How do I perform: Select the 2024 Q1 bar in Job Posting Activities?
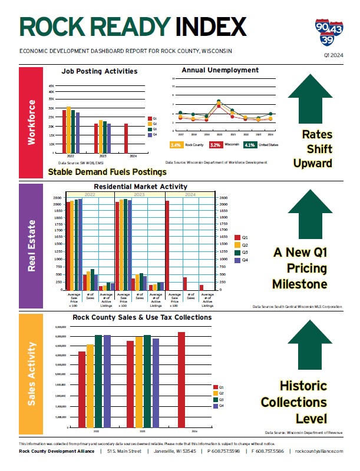[126, 138]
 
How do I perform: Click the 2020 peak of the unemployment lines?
[219, 102]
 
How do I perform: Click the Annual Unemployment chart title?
[220, 70]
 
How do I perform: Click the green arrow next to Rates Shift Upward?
[312, 97]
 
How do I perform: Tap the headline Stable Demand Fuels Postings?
[107, 172]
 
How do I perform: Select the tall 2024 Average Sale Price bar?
[167, 245]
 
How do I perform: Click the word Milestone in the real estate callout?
[299, 284]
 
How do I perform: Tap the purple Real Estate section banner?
[32, 246]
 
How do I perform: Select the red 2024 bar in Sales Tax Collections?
[181, 379]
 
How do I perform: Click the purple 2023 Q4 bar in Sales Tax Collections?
[156, 382]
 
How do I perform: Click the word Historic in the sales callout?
[303, 386]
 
